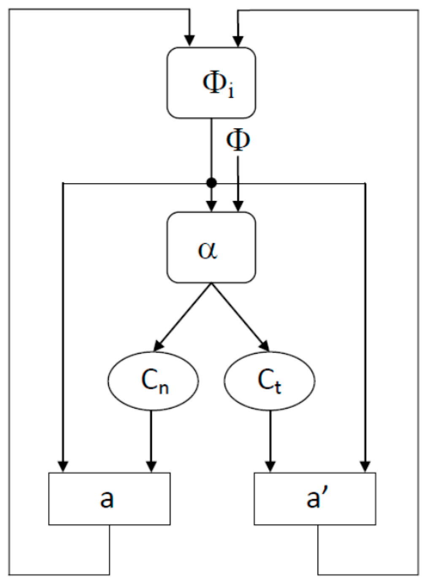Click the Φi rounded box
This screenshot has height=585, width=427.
click(211, 83)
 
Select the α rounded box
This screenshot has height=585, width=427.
click(211, 247)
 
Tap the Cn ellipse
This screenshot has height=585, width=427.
click(153, 381)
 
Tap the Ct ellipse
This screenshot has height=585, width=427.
click(269, 381)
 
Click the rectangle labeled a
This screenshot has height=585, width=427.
click(109, 499)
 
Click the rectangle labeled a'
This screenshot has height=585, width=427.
click(315, 499)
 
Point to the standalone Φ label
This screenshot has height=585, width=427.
click(238, 140)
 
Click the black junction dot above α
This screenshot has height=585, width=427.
click(211, 183)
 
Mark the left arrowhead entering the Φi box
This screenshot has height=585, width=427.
click(190, 41)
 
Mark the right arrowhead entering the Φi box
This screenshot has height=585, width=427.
click(238, 41)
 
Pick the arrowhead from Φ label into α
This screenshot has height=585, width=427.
click(238, 206)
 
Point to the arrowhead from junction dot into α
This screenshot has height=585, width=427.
click(211, 206)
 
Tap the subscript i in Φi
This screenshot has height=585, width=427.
click(230, 90)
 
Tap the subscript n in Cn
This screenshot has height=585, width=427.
click(165, 387)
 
